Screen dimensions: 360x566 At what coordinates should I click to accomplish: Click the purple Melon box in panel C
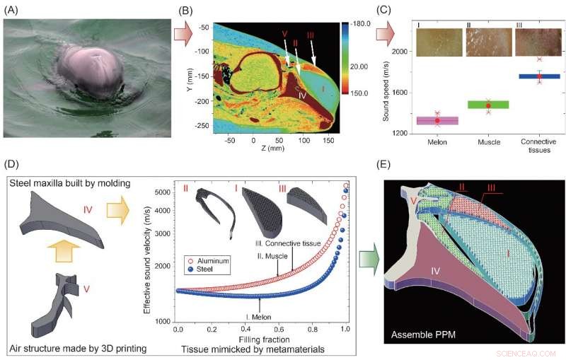pos(437,120)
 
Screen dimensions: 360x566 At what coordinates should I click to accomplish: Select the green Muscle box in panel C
pos(487,105)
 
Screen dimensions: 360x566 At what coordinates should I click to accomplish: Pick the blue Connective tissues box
pos(539,76)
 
